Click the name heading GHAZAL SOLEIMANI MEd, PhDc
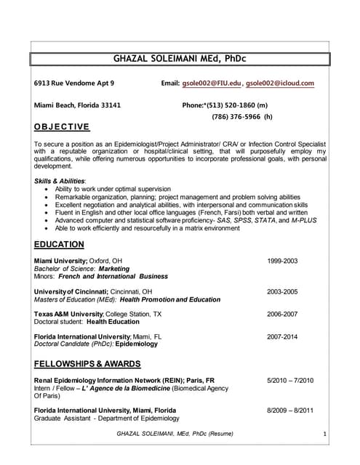[x=179, y=58]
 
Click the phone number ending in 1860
[x=241, y=105]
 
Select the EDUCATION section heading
[x=59, y=245]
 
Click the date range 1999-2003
[x=282, y=261]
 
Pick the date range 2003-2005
[x=282, y=291]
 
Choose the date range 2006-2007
[x=282, y=315]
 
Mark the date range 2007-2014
[x=282, y=337]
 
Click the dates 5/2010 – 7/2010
[x=290, y=380]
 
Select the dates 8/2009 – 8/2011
[x=290, y=410]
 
